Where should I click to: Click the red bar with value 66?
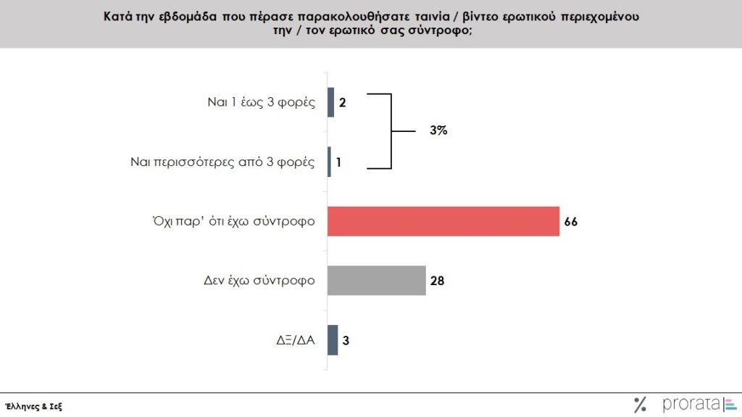(x=443, y=221)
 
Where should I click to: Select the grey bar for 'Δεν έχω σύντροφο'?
(x=376, y=280)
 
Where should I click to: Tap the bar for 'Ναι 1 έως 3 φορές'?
(x=331, y=102)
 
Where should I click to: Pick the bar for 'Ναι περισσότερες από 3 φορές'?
(x=330, y=162)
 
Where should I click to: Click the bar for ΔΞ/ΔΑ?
(x=333, y=339)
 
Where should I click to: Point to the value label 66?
(x=570, y=222)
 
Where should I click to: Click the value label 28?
(x=436, y=281)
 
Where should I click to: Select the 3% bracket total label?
(x=438, y=131)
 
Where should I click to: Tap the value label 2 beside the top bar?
(x=343, y=102)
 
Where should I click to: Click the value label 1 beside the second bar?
(x=338, y=162)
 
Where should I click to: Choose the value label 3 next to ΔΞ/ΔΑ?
(x=346, y=340)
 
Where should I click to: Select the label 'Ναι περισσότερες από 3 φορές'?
(x=222, y=162)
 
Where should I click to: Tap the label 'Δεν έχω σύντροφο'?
(x=259, y=280)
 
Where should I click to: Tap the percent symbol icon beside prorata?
(x=640, y=405)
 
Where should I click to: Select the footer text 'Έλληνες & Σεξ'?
(x=33, y=406)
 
